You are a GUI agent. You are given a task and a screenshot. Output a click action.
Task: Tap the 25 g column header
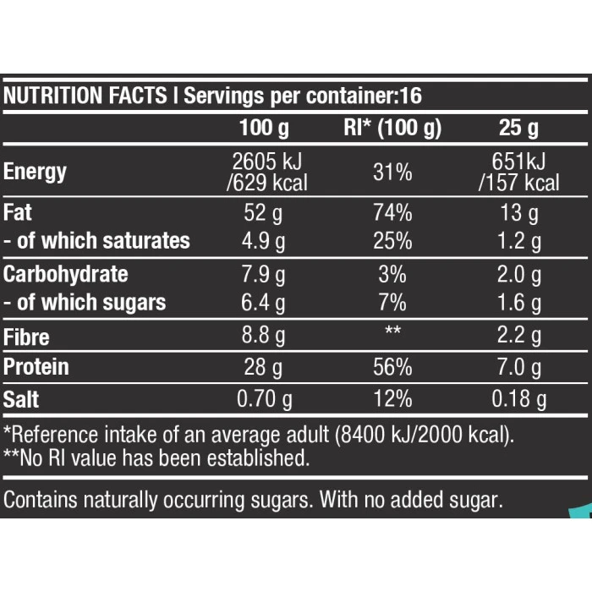(x=518, y=129)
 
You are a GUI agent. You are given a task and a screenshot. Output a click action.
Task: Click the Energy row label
(x=36, y=172)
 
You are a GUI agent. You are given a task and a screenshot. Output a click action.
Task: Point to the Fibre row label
(x=27, y=337)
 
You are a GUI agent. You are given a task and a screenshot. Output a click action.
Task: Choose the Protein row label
(x=36, y=367)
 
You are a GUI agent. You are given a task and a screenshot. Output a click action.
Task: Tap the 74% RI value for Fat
(x=392, y=212)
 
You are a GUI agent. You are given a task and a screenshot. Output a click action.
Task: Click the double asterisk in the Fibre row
(x=392, y=331)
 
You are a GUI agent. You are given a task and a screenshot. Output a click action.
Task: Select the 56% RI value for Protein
(x=392, y=368)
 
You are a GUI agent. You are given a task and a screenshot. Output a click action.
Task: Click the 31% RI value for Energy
(x=392, y=172)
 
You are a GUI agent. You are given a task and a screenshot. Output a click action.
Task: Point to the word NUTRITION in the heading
(x=44, y=96)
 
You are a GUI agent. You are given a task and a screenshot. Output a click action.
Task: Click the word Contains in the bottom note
(x=38, y=500)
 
